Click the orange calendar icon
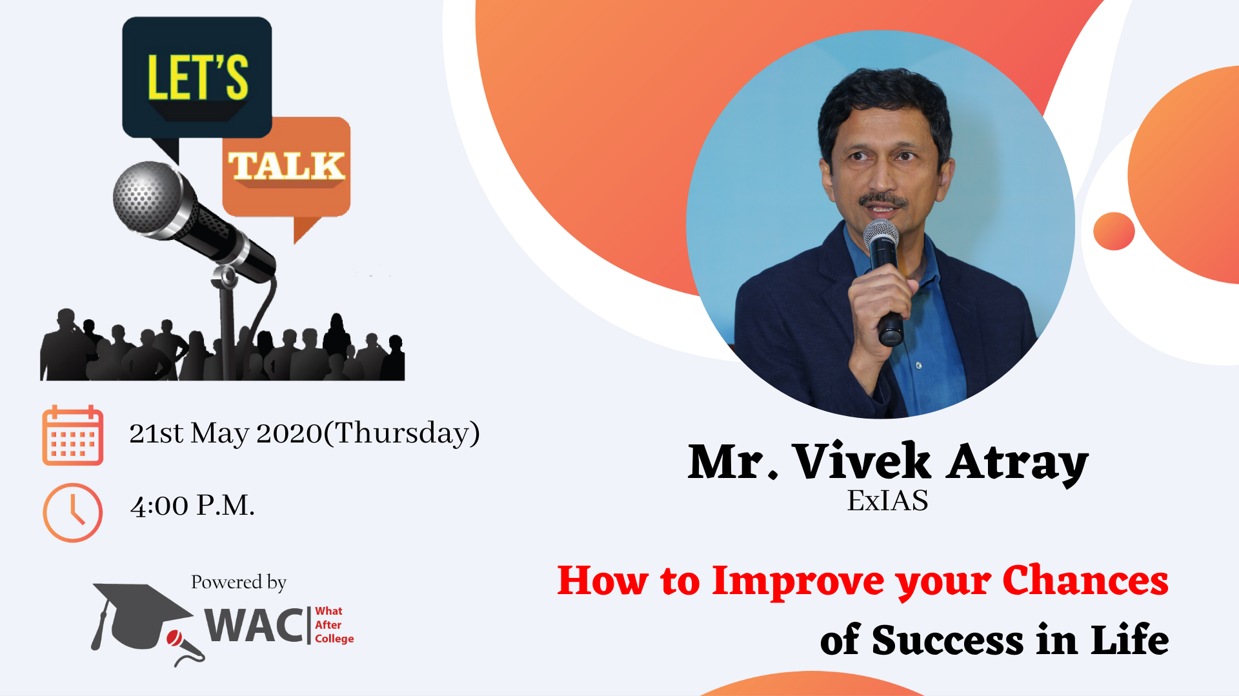[72, 435]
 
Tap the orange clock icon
[72, 513]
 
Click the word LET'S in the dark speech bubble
[197, 77]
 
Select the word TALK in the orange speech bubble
[287, 166]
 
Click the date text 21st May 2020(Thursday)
[305, 433]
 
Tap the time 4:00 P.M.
[192, 506]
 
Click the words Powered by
[239, 582]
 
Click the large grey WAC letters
[254, 625]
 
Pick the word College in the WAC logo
[334, 639]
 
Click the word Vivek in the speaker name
[861, 461]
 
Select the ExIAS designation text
[887, 501]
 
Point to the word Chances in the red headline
[1085, 580]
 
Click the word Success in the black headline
[947, 641]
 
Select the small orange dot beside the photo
[1114, 231]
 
